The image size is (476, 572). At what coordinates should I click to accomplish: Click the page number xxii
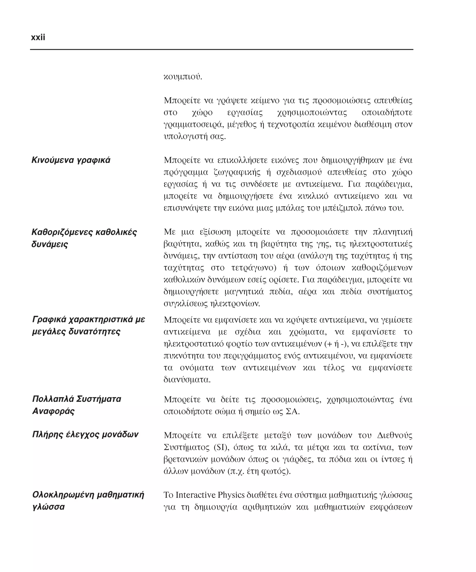38,37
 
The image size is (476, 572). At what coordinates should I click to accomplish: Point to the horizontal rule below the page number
221,50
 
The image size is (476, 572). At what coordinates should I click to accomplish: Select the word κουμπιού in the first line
182,77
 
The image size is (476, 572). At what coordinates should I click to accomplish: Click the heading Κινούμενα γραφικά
71,160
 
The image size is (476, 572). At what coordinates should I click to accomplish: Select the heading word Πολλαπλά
53,399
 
